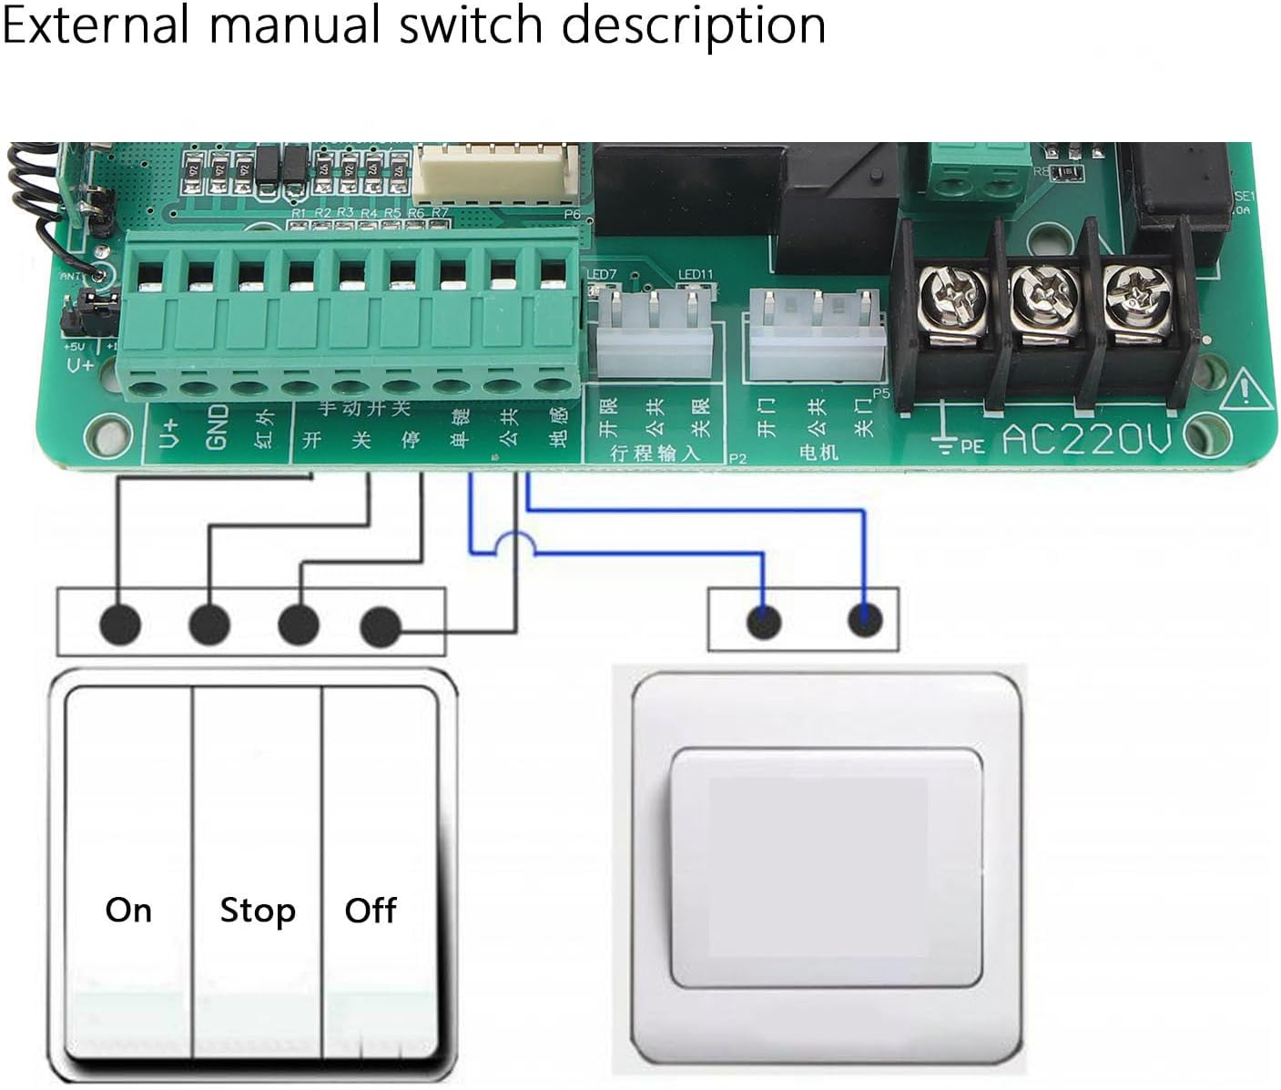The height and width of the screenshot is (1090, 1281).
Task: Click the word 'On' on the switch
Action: [x=128, y=910]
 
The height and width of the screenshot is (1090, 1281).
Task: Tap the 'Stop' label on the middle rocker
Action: [x=258, y=910]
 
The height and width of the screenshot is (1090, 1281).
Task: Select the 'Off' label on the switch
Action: [x=371, y=910]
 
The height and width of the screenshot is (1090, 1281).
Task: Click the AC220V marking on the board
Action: [x=1086, y=441]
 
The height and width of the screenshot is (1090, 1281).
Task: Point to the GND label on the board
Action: [x=217, y=428]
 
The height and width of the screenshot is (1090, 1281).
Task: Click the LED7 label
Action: [x=602, y=274]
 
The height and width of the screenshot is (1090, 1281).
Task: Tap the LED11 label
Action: [x=696, y=274]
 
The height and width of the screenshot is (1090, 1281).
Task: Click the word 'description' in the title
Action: [x=694, y=25]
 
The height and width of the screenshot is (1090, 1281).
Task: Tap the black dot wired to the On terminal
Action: [x=120, y=625]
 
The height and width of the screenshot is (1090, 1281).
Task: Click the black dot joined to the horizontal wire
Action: [x=381, y=626]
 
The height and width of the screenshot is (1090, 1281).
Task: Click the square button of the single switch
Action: [x=827, y=868]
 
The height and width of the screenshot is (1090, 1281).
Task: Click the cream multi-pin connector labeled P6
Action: [x=497, y=173]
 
